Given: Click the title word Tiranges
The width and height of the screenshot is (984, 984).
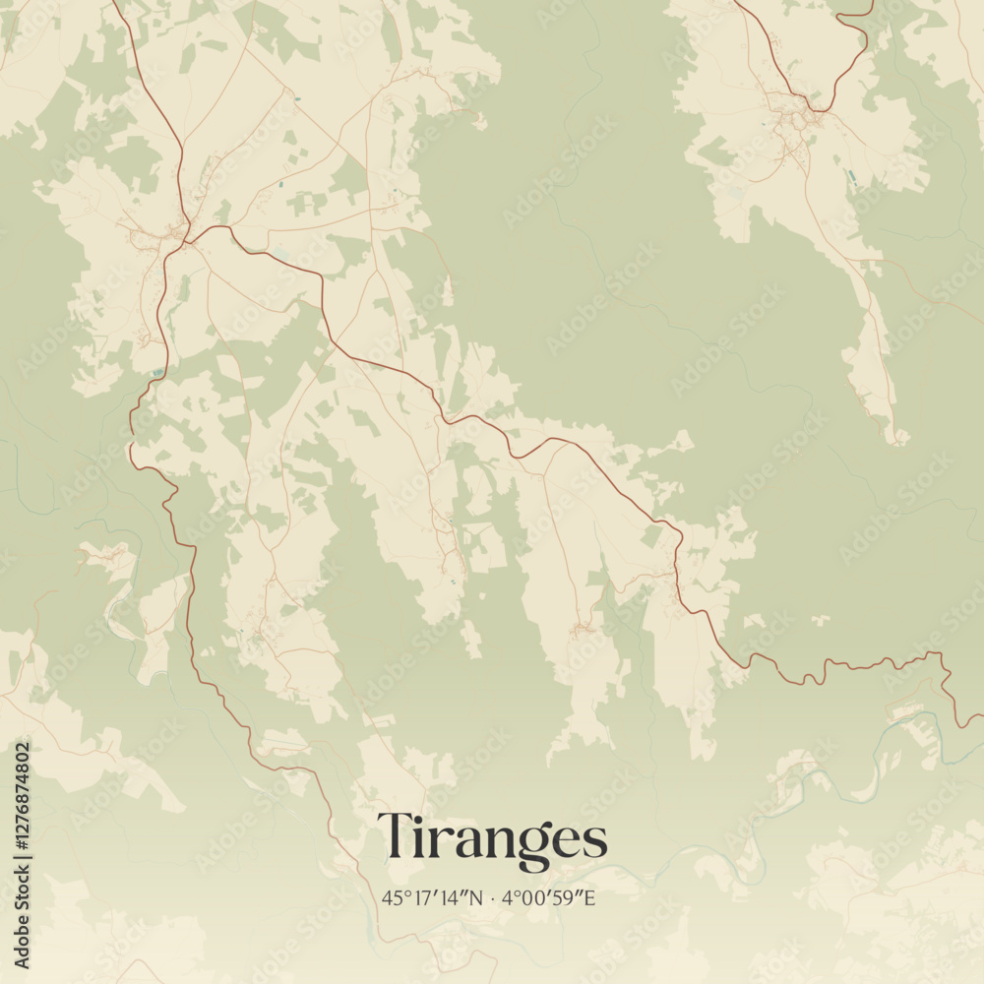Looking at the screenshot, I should [x=492, y=839].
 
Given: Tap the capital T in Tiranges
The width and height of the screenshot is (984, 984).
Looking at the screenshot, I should [x=396, y=836].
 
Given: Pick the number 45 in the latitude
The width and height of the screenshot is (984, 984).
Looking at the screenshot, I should [x=392, y=897].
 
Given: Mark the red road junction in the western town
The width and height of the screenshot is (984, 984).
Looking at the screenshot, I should [x=187, y=234].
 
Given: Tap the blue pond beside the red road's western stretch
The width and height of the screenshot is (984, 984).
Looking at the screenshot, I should [x=157, y=372].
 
